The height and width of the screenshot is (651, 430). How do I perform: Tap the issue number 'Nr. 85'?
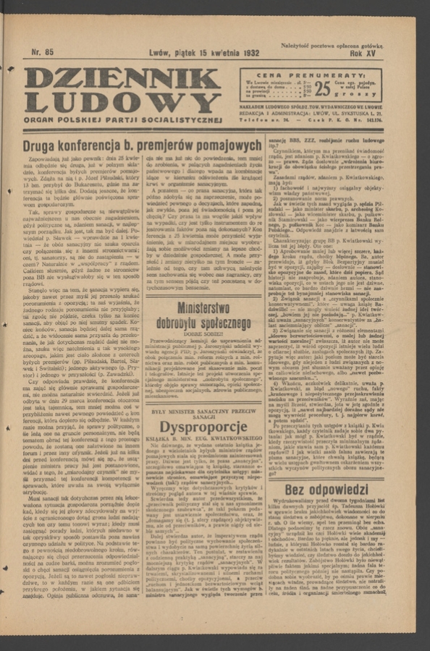[x=43, y=52]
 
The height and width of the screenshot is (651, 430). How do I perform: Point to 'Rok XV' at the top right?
[x=366, y=53]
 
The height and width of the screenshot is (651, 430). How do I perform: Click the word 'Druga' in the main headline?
[x=42, y=148]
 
